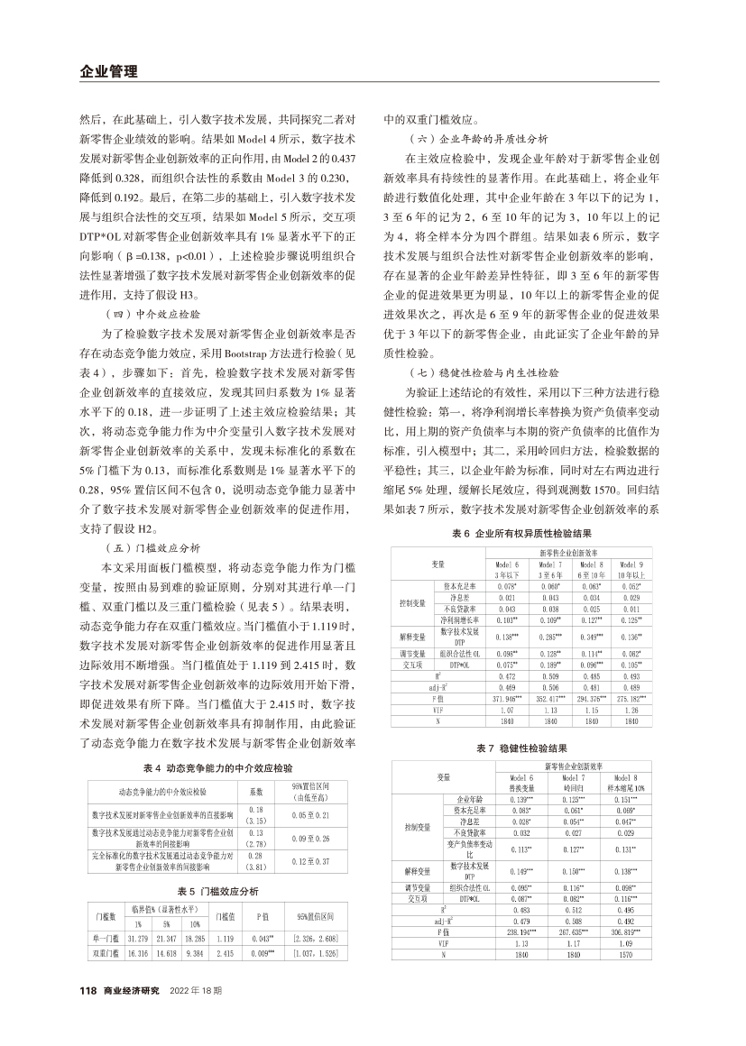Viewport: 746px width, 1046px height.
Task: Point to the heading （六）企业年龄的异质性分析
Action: click(478, 140)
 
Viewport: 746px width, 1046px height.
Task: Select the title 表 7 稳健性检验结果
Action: click(522, 748)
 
